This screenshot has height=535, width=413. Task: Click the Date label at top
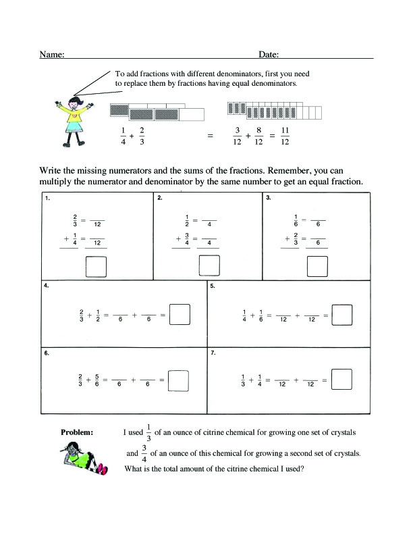pyautogui.click(x=268, y=54)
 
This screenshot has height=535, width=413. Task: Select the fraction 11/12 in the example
pyautogui.click(x=285, y=136)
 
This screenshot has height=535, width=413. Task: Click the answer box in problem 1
pyautogui.click(x=96, y=266)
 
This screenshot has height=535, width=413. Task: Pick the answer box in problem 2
pyautogui.click(x=209, y=266)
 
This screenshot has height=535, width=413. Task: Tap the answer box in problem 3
pyautogui.click(x=317, y=266)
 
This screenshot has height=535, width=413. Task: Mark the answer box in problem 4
pyautogui.click(x=179, y=314)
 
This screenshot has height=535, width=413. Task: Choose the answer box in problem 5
pyautogui.click(x=343, y=314)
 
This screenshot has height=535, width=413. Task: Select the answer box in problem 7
pyautogui.click(x=343, y=380)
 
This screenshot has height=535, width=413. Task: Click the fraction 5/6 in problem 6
pyautogui.click(x=98, y=380)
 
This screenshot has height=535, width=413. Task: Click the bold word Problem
pyautogui.click(x=77, y=432)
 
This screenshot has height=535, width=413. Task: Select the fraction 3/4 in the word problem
pyautogui.click(x=144, y=454)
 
